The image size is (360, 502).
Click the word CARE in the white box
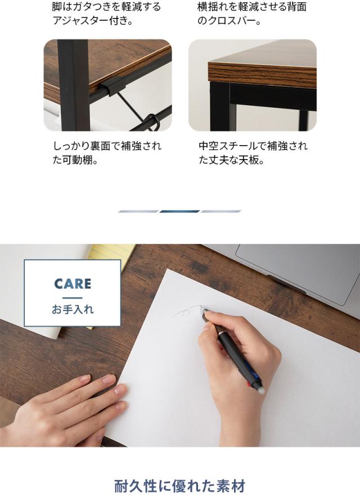coord(73,283)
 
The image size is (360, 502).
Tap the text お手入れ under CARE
coord(73,309)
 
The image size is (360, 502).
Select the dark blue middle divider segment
coord(179,211)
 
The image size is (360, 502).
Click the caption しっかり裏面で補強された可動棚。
coord(107,153)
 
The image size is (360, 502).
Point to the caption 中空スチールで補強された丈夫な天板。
coord(253,153)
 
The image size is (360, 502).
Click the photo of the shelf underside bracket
coord(107,85)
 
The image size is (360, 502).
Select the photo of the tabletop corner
coord(253,85)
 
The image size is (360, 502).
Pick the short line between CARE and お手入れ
coord(73,297)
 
